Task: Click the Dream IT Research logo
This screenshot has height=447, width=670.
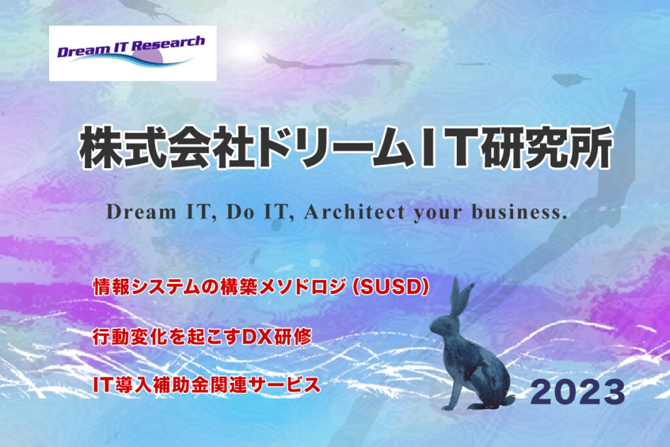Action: [132, 54]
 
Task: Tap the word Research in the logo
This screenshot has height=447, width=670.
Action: [167, 44]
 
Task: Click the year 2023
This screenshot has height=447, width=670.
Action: [578, 392]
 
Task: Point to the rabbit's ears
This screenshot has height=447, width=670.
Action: [461, 297]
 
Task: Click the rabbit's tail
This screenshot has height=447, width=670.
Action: [509, 400]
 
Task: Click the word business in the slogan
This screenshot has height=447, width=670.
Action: [520, 212]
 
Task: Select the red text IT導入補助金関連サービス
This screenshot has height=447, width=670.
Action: [207, 384]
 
